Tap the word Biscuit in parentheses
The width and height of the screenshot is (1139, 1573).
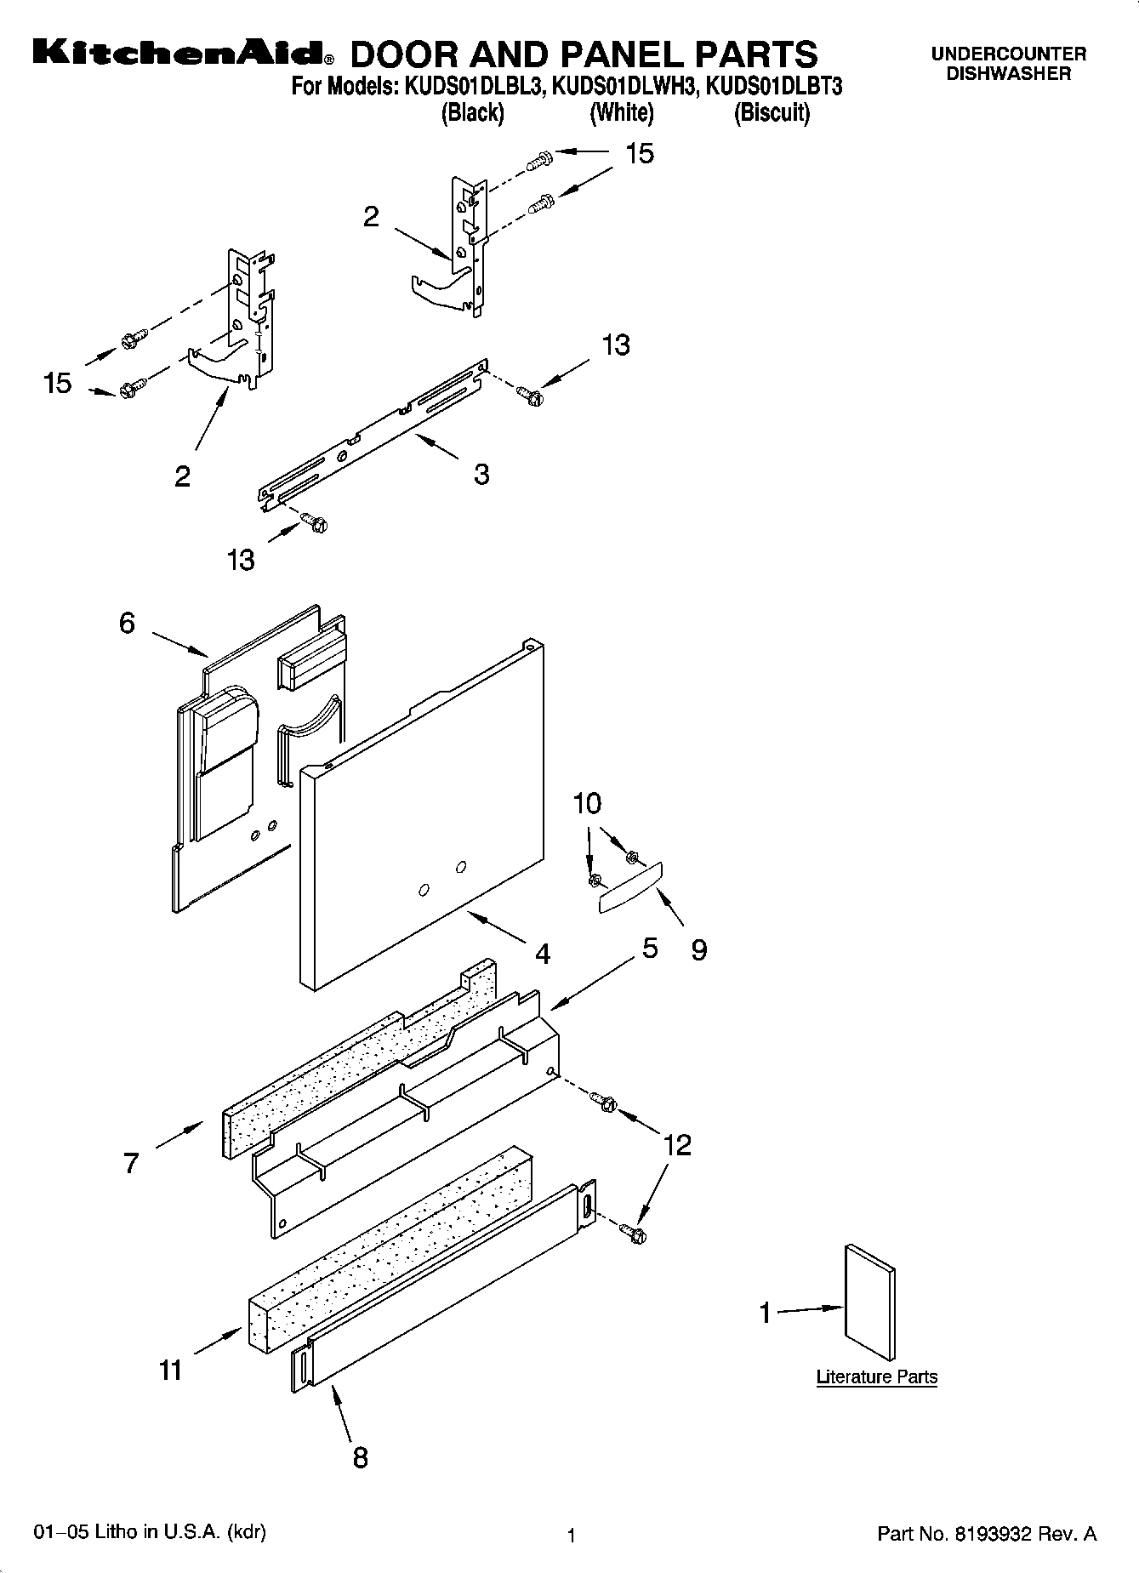pos(772,112)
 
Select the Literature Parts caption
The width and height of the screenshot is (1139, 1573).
pos(876,1376)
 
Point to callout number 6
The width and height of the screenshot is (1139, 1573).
pos(127,624)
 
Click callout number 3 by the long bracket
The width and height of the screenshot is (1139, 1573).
pos(481,474)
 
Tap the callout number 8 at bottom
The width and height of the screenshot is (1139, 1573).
pos(361,1458)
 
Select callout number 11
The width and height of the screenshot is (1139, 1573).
pos(170,1370)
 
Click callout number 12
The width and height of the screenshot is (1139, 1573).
pos(677,1145)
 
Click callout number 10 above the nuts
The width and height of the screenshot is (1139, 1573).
pos(587,803)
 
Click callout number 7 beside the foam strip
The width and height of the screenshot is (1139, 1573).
pos(130,1163)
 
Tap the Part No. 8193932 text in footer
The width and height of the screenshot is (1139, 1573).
pos(986,1535)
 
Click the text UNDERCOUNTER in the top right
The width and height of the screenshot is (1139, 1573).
pos(1008,54)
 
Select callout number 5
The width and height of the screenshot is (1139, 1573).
pos(650,948)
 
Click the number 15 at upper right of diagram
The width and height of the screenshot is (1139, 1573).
pos(640,154)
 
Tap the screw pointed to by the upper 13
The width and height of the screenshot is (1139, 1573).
pos(528,394)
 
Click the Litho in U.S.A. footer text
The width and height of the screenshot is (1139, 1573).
pos(150,1532)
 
